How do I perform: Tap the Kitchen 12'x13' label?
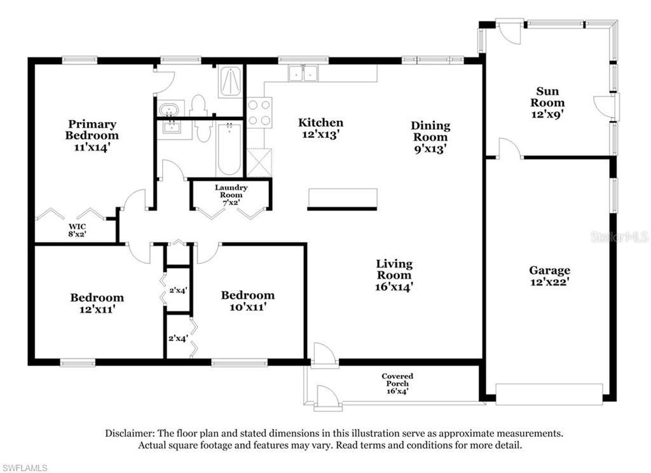tap(320, 128)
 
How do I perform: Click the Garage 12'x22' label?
tap(549, 276)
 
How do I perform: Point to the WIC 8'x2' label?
tap(77, 230)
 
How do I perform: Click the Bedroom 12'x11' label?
tap(97, 303)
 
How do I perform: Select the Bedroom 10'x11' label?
tap(247, 301)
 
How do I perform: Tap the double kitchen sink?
tap(303, 73)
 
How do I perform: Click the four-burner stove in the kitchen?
tap(259, 113)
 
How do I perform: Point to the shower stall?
tap(230, 81)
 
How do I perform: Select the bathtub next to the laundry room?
tap(229, 149)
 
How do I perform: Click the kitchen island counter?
tap(343, 198)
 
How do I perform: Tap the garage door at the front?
tap(549, 394)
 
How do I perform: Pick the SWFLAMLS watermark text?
tap(24, 468)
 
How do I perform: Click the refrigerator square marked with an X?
tap(259, 163)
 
